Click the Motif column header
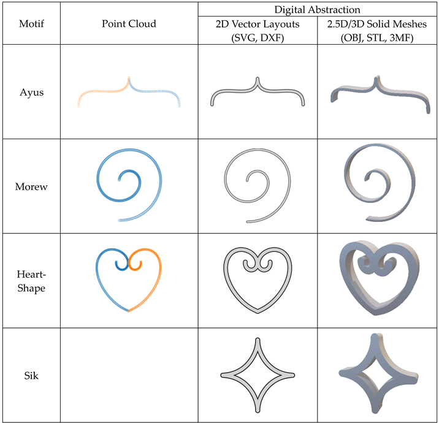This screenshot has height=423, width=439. point(31,23)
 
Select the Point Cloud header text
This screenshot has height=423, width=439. point(129,23)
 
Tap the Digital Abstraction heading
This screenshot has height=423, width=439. point(317,10)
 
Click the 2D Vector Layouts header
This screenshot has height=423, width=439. point(258,31)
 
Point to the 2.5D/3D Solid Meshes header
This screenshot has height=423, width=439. point(377,31)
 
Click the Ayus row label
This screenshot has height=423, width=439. point(32,93)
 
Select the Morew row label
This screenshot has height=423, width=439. point(31,186)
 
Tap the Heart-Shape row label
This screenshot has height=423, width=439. point(31,281)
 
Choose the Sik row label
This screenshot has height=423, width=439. point(31,375)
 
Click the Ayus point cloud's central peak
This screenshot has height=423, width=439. point(129,77)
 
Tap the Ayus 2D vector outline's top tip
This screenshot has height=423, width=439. point(258,78)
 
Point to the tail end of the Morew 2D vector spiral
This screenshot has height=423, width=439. point(248,222)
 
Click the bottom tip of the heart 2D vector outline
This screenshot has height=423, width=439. point(258,313)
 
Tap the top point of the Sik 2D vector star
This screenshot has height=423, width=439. point(258,339)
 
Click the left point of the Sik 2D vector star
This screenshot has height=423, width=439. point(222,375)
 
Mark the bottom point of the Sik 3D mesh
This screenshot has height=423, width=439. point(375,411)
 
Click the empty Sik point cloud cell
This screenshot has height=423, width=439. point(129,375)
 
